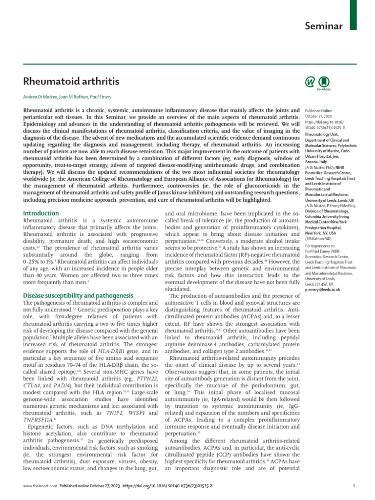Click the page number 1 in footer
(353, 486)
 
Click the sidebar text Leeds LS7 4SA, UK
(319, 284)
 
